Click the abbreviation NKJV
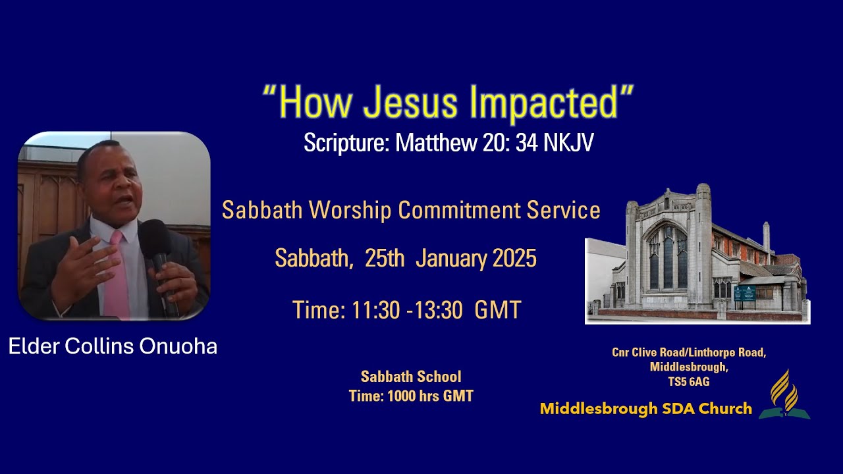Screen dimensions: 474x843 click(568, 144)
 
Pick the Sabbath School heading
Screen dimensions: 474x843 click(411, 377)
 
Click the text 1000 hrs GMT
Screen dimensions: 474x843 click(430, 396)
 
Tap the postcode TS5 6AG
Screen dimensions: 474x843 click(689, 381)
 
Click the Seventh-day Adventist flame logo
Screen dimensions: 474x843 click(784, 395)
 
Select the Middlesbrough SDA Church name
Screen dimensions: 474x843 click(645, 409)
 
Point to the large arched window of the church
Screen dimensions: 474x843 click(666, 257)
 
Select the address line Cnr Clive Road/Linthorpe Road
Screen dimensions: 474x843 click(689, 352)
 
